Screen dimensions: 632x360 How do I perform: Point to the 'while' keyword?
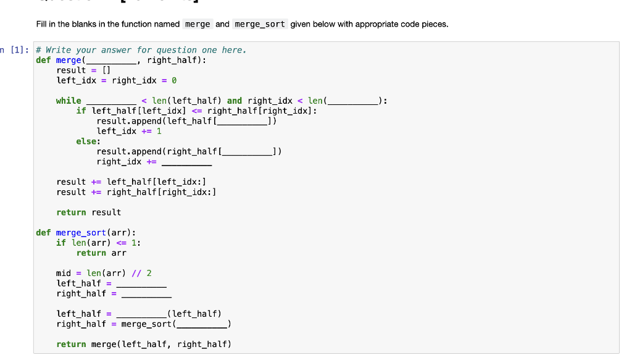pos(69,101)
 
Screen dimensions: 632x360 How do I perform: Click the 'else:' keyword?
pos(88,141)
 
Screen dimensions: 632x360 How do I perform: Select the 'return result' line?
pos(88,212)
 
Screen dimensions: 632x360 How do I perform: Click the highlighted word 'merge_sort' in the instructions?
pos(260,24)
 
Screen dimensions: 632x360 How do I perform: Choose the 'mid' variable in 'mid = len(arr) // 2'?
pos(64,273)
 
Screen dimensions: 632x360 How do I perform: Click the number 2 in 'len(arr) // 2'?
pos(149,273)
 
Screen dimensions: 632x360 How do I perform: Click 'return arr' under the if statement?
pos(101,253)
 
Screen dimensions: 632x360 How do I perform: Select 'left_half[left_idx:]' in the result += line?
pos(156,182)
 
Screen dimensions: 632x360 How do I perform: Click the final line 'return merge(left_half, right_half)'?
pos(143,344)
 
